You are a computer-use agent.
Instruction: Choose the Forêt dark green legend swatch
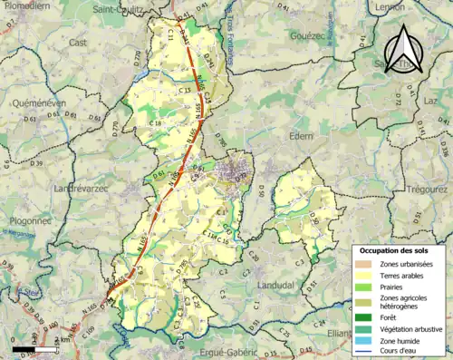click(x=368, y=316)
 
